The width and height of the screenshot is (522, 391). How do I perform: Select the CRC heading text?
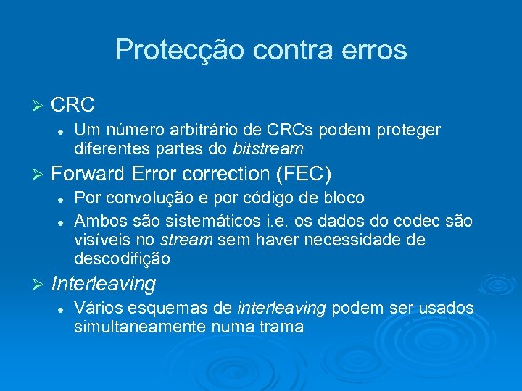click(x=73, y=105)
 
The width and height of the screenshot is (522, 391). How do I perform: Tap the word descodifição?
click(x=122, y=259)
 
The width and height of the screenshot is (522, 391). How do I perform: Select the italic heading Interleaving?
click(x=104, y=284)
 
